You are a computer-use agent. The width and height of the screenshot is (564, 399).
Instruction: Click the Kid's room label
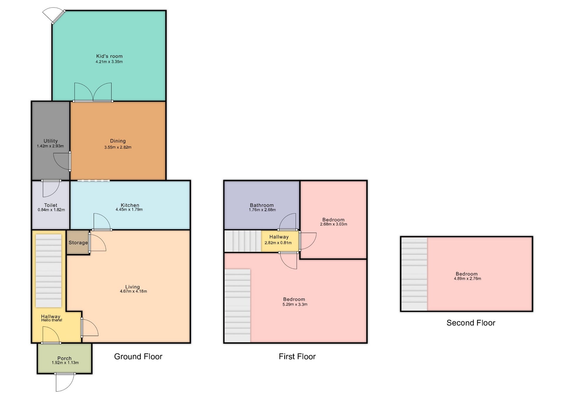point(109,56)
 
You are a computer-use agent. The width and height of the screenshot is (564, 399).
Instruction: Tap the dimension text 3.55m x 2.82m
point(118,147)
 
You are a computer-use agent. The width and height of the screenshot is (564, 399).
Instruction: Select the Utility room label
point(51,141)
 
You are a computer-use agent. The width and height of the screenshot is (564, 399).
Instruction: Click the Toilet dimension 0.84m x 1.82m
point(51,210)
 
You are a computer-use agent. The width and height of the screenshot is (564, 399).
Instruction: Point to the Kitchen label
point(130,205)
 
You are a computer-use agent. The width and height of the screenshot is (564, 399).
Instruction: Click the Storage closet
point(78,242)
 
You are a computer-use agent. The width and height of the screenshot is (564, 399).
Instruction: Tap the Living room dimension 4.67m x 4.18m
point(133,291)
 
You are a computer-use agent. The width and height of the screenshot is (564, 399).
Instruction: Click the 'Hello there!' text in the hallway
point(52,320)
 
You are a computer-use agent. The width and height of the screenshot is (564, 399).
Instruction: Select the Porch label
point(64,358)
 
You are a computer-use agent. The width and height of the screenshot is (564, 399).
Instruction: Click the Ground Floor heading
point(138,356)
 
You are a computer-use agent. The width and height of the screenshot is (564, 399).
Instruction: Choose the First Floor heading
point(297,356)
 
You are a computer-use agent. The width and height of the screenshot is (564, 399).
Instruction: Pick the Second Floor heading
point(471,323)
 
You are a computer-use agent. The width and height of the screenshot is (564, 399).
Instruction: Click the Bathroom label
point(262,205)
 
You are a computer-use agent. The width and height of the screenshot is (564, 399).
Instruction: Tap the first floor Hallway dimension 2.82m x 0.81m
point(278,243)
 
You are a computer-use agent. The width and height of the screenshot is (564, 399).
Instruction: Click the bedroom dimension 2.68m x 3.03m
point(334,224)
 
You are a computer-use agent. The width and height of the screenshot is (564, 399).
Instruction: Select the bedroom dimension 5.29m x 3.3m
point(295,304)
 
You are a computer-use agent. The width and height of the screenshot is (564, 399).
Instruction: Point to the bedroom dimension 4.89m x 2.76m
point(468,279)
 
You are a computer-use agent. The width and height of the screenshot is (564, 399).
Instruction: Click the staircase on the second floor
point(414,274)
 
